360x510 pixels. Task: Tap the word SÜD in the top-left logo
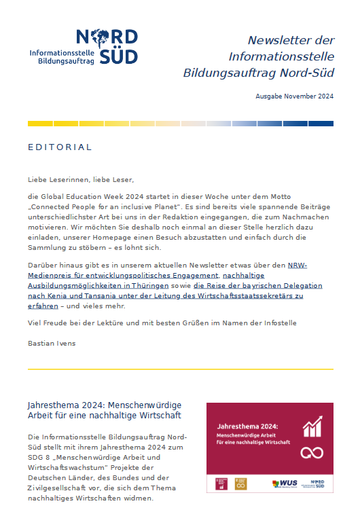118,57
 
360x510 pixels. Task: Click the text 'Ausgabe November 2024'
294,96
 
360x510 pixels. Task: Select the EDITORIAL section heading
60,147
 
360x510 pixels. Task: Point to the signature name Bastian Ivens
52,343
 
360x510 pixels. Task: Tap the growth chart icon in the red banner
313,426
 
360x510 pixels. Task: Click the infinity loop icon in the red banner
312,452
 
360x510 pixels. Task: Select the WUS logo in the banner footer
285,484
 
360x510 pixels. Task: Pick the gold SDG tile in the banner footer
240,484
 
